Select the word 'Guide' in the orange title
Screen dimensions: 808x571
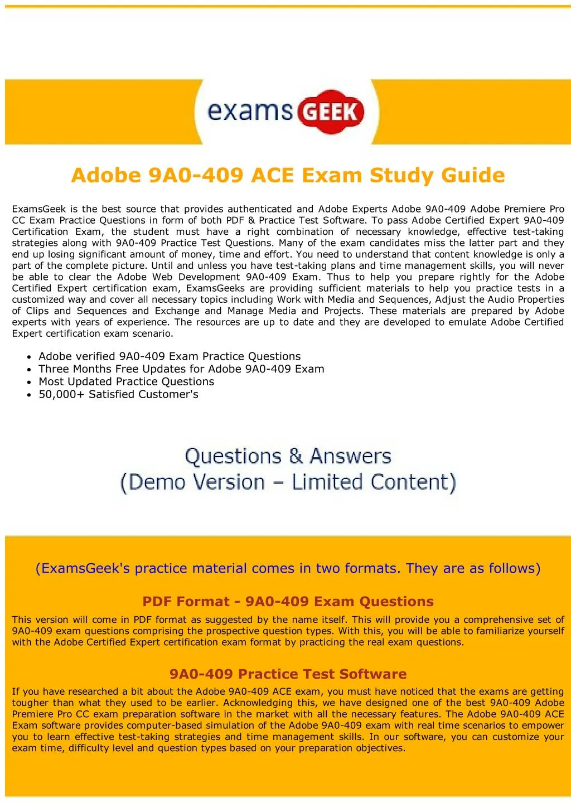coord(473,176)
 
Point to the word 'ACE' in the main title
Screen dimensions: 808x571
coord(272,176)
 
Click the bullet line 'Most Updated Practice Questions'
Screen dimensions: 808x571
coord(126,382)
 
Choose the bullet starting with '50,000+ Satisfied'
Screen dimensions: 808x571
coord(118,395)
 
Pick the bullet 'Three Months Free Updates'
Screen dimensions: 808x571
coord(181,369)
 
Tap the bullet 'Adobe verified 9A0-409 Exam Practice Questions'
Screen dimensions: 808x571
coord(170,356)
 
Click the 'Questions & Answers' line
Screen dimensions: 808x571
coord(288,457)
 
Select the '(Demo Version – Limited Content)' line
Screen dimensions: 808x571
coord(288,482)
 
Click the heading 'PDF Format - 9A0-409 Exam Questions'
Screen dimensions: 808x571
coord(288,602)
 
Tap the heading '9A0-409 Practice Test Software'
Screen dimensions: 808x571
coord(288,674)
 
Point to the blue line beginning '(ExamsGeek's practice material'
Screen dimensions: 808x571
coord(288,569)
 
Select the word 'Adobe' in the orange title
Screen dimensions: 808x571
coord(106,176)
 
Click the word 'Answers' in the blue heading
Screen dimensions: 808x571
coord(350,457)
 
